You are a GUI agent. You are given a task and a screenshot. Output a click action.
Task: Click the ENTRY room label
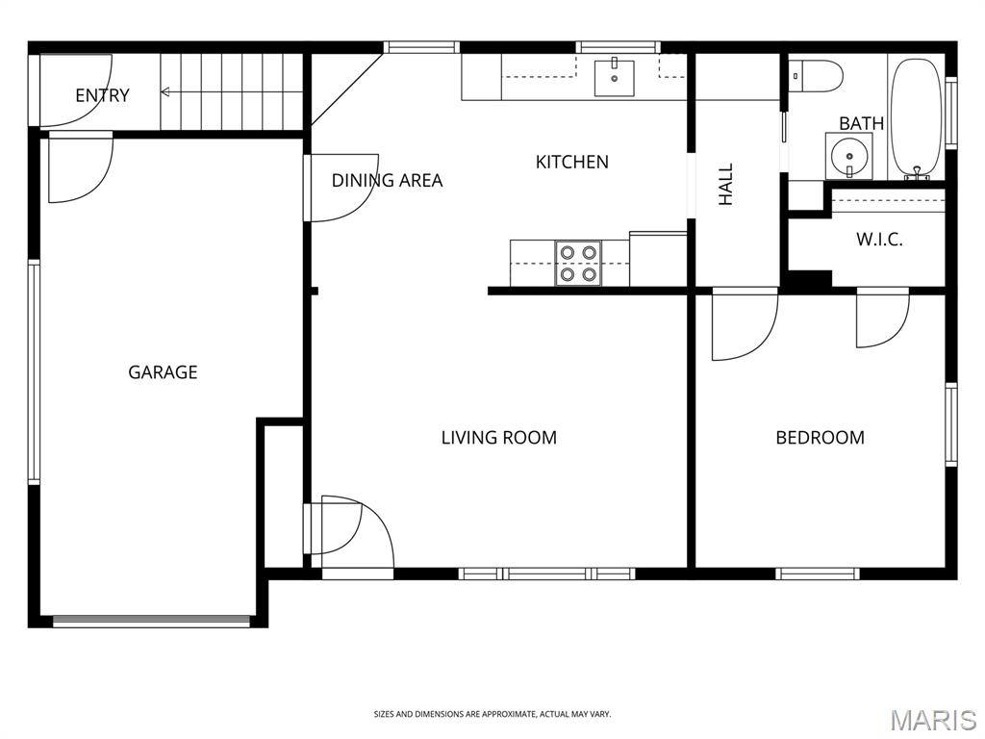tap(102, 95)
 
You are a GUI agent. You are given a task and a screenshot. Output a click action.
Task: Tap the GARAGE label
tap(163, 372)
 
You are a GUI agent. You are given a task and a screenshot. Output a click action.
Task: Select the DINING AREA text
tap(387, 181)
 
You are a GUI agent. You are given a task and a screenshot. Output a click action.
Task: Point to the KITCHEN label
tap(571, 162)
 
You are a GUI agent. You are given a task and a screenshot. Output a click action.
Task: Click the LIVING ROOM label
tap(499, 438)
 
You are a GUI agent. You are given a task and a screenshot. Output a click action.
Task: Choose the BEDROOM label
tap(820, 438)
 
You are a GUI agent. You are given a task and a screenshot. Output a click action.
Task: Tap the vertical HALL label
tap(725, 184)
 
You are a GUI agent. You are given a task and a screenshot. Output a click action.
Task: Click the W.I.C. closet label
tap(879, 240)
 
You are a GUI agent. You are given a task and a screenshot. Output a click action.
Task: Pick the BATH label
tap(861, 123)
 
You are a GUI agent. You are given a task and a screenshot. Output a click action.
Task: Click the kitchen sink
tap(615, 77)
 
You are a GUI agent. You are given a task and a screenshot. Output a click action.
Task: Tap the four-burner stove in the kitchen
tap(578, 264)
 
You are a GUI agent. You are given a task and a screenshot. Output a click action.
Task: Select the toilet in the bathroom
tap(816, 76)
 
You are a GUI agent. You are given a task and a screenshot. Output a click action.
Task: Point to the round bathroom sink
tap(848, 155)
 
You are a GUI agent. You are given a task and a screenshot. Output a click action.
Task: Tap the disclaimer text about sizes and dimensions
tap(492, 715)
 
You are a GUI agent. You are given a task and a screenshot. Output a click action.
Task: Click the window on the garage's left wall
tap(34, 372)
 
